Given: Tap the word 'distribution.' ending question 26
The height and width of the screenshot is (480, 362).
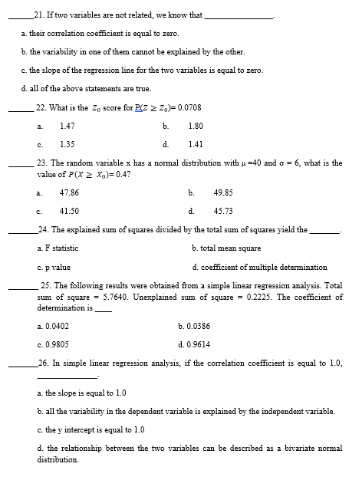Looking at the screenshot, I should pos(58,460).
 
